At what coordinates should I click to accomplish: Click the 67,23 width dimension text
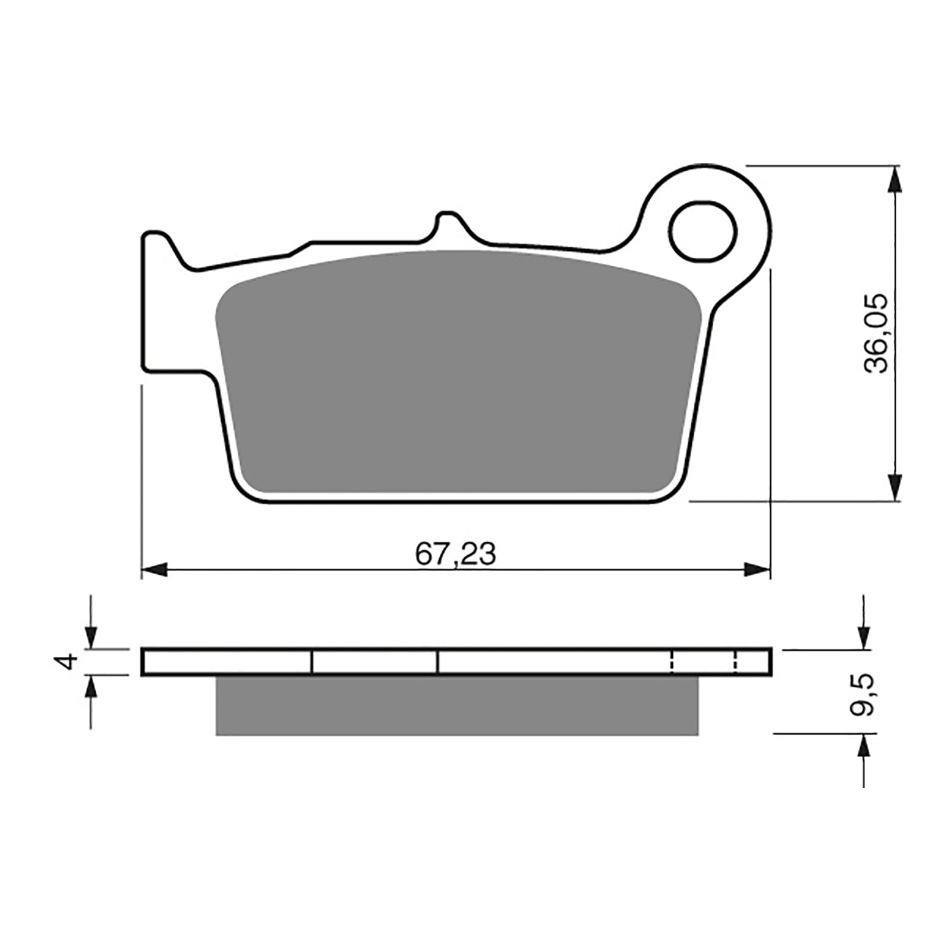pyautogui.click(x=455, y=555)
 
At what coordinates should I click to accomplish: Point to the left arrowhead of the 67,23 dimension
pyautogui.click(x=153, y=570)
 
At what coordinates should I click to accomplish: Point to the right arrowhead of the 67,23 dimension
pyautogui.click(x=758, y=570)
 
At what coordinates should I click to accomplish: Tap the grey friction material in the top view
pyautogui.click(x=458, y=374)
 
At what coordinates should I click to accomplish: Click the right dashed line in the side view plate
pyautogui.click(x=736, y=662)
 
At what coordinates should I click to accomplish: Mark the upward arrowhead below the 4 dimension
pyautogui.click(x=90, y=687)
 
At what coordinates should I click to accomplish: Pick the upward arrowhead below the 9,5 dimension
pyautogui.click(x=863, y=746)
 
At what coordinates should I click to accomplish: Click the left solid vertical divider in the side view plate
pyautogui.click(x=311, y=662)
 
